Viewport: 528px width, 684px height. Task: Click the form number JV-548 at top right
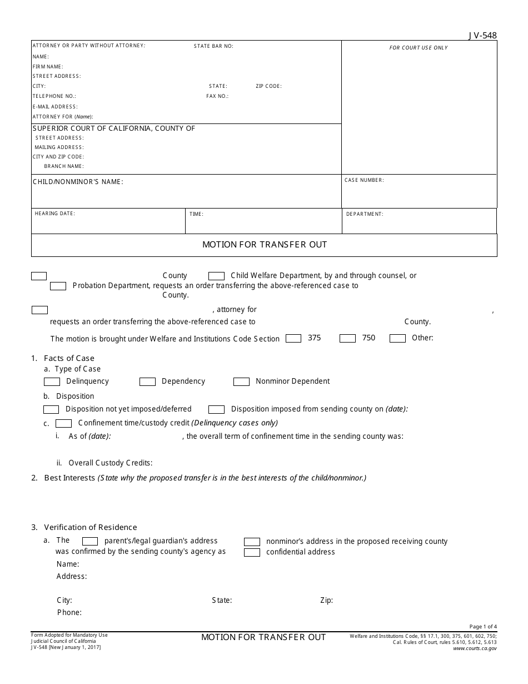[x=482, y=36]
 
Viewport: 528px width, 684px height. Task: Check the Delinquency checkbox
[x=52, y=381]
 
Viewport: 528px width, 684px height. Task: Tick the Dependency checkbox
[x=147, y=381]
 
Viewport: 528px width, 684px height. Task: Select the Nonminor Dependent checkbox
[x=241, y=381]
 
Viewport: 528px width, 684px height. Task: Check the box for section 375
[x=293, y=338]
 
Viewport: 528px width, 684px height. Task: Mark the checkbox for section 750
[x=347, y=338]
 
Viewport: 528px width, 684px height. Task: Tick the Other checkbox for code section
[x=397, y=338]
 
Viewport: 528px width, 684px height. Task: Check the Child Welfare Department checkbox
[x=216, y=276]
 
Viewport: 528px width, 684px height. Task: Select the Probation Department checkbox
[x=58, y=286]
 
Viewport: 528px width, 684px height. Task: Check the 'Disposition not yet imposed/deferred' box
[x=51, y=409]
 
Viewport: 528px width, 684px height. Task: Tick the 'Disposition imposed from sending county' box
[x=216, y=409]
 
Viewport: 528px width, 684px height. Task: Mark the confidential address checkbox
[x=252, y=552]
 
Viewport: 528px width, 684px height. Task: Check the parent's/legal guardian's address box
[x=90, y=541]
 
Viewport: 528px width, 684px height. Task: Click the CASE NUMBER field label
[x=364, y=180]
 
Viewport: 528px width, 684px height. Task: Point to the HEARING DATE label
[x=54, y=214]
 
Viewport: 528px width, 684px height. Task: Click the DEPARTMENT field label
[x=365, y=214]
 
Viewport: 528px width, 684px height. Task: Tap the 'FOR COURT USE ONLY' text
[x=419, y=48]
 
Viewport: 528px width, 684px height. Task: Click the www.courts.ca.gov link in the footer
[x=475, y=648]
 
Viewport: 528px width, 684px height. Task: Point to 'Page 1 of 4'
[x=483, y=627]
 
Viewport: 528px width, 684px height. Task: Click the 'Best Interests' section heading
[x=69, y=478]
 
